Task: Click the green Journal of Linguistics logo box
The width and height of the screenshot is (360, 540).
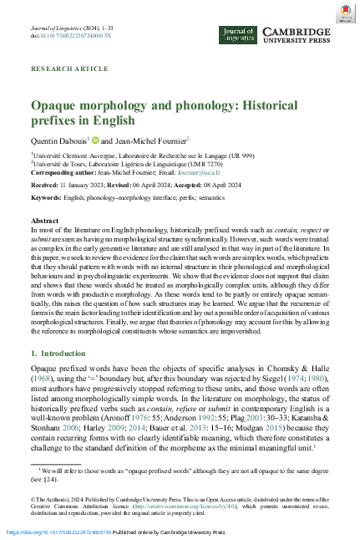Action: click(x=236, y=34)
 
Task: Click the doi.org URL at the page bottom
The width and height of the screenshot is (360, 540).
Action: click(x=58, y=532)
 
